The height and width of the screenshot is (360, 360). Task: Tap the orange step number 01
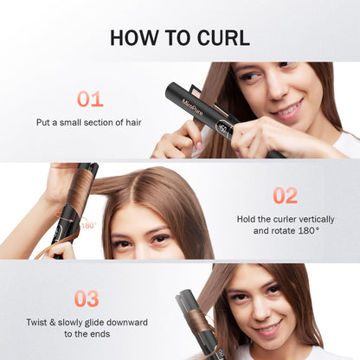(x=90, y=99)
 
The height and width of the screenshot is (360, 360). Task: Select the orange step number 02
(x=285, y=195)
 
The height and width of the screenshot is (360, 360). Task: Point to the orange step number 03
(x=86, y=299)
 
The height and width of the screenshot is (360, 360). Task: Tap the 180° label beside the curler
(x=87, y=225)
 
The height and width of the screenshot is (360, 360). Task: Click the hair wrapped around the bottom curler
(x=201, y=324)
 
